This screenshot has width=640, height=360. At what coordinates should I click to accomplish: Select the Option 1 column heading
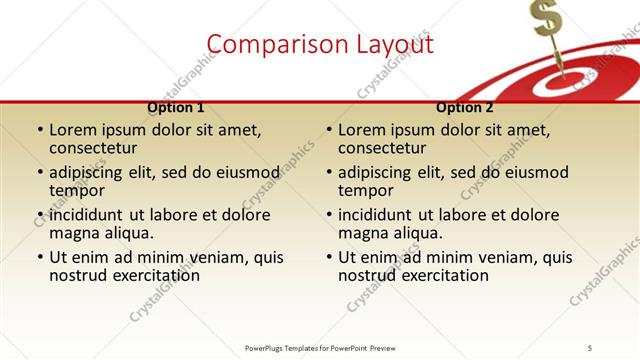(176, 107)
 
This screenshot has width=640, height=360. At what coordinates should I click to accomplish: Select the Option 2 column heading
(465, 107)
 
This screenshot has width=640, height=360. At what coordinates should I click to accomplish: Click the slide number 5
(590, 347)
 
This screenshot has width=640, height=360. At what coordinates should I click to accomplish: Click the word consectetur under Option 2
(381, 148)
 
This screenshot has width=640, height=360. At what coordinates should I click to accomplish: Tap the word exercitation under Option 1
(151, 275)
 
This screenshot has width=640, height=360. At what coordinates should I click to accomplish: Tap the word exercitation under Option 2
(440, 275)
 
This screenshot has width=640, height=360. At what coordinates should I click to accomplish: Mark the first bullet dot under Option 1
(39, 131)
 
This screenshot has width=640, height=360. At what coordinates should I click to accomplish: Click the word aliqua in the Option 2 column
(394, 233)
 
